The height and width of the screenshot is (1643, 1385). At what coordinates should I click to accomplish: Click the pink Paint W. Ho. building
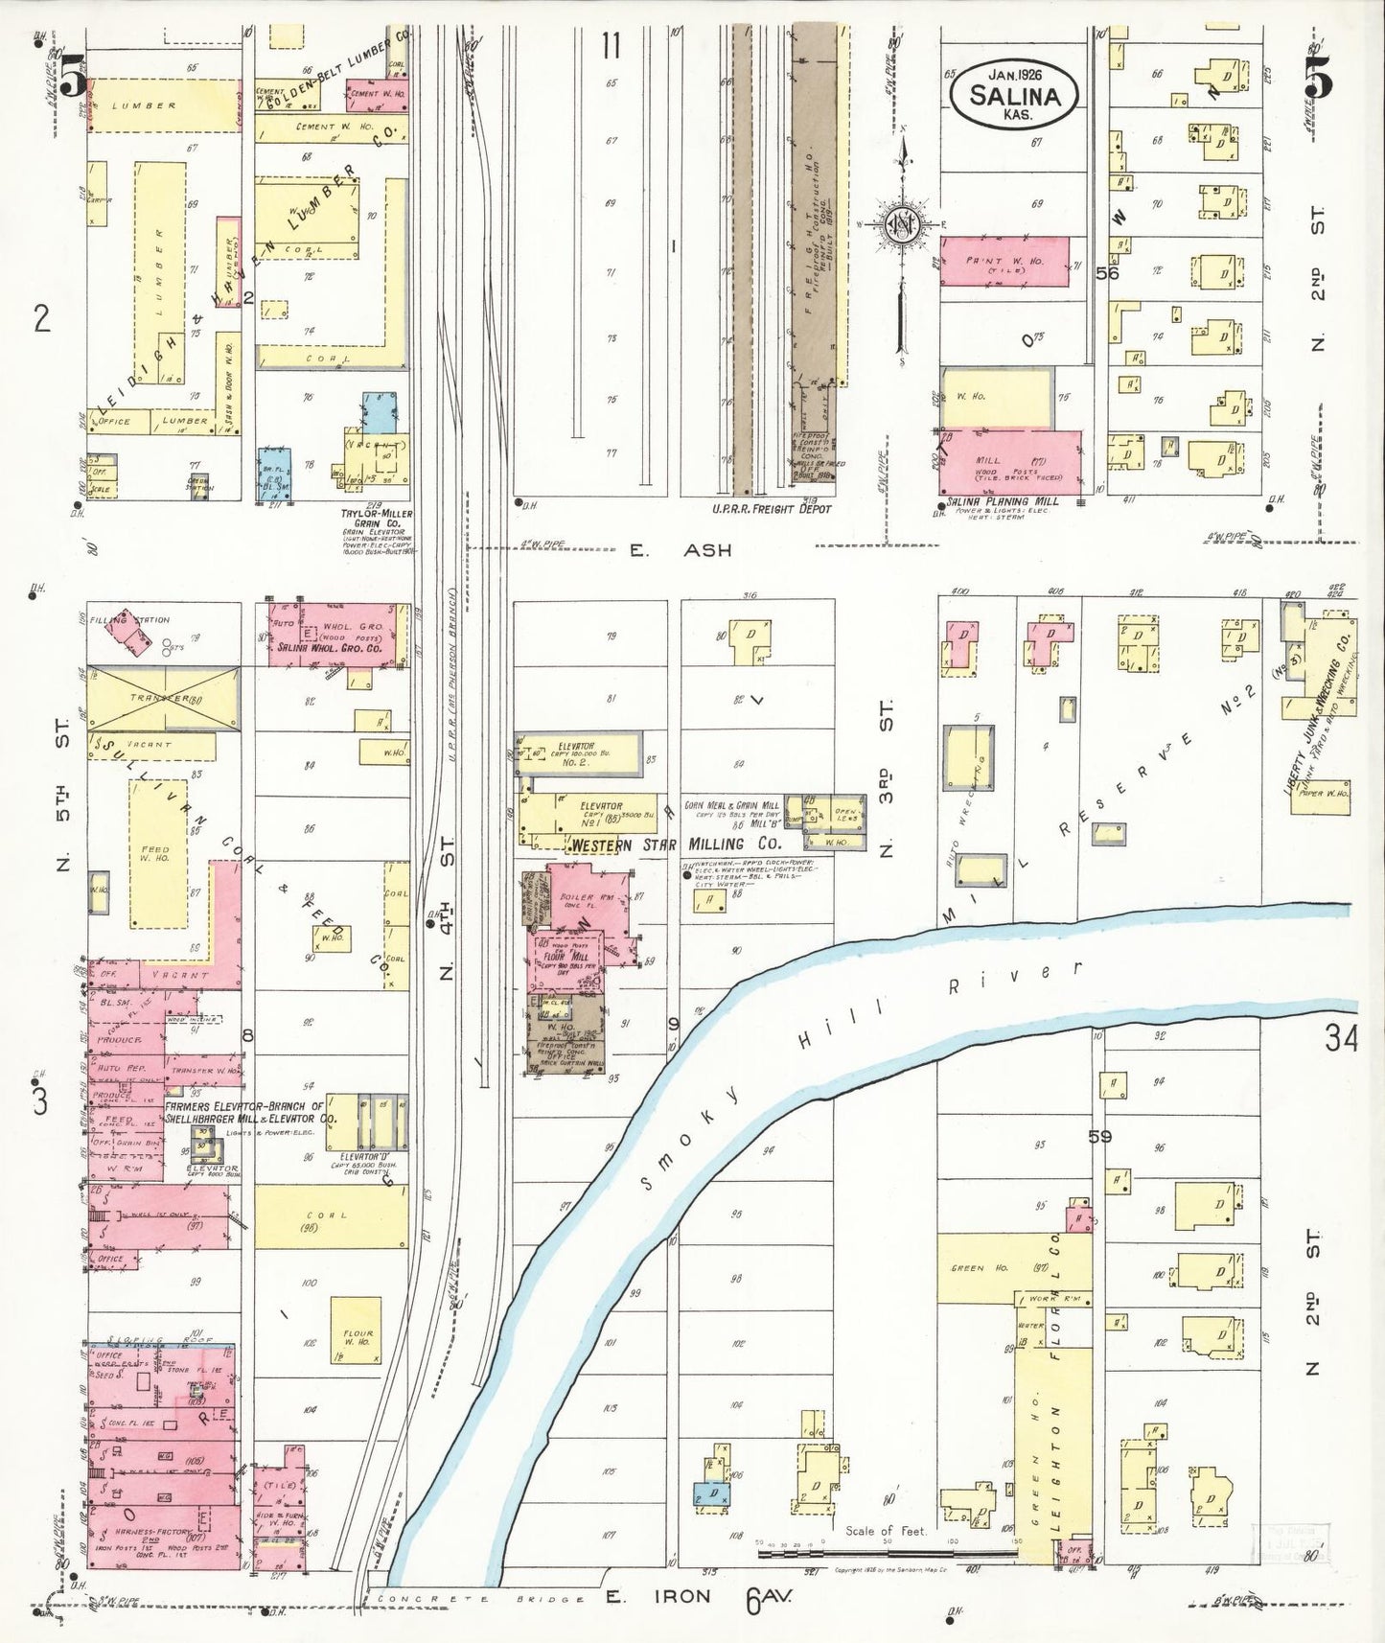1004,262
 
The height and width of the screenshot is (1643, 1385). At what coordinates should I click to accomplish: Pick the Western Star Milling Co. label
675,845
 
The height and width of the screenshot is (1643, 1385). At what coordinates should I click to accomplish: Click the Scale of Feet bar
887,1551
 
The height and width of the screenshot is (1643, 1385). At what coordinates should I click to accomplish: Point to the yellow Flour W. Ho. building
356,1331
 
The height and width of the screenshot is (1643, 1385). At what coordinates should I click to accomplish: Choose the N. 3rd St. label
887,778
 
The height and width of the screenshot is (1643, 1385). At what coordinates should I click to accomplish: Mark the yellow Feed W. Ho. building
157,853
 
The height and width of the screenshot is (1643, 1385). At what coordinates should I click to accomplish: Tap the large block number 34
1341,1038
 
